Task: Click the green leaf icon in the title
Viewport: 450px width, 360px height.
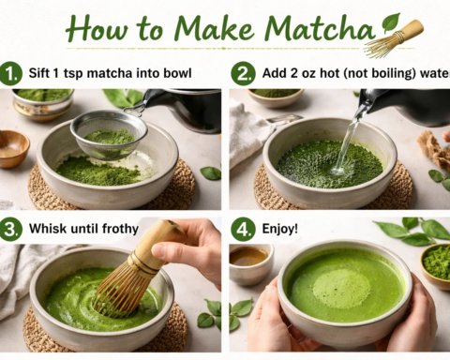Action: point(390,21)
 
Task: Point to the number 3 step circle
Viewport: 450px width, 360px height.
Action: point(12,229)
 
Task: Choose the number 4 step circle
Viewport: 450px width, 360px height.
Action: point(242,229)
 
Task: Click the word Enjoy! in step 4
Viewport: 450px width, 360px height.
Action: point(281,229)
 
